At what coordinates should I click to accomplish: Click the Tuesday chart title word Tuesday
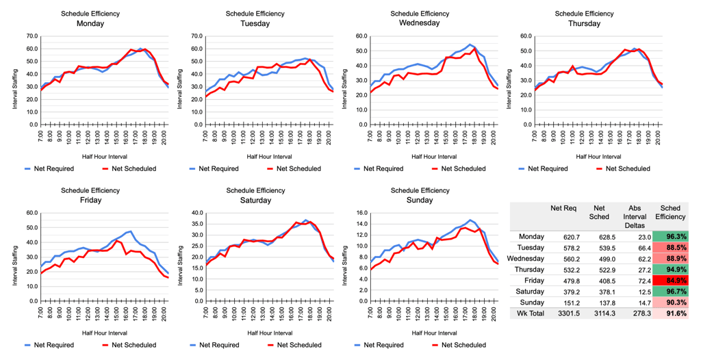pyautogui.click(x=255, y=23)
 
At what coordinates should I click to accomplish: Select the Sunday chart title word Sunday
pyautogui.click(x=419, y=201)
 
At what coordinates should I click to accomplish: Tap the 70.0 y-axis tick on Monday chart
pyautogui.click(x=31, y=36)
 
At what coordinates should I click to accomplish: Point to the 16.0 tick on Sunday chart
pyautogui.click(x=360, y=213)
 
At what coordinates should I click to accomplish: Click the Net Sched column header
pyautogui.click(x=599, y=212)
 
